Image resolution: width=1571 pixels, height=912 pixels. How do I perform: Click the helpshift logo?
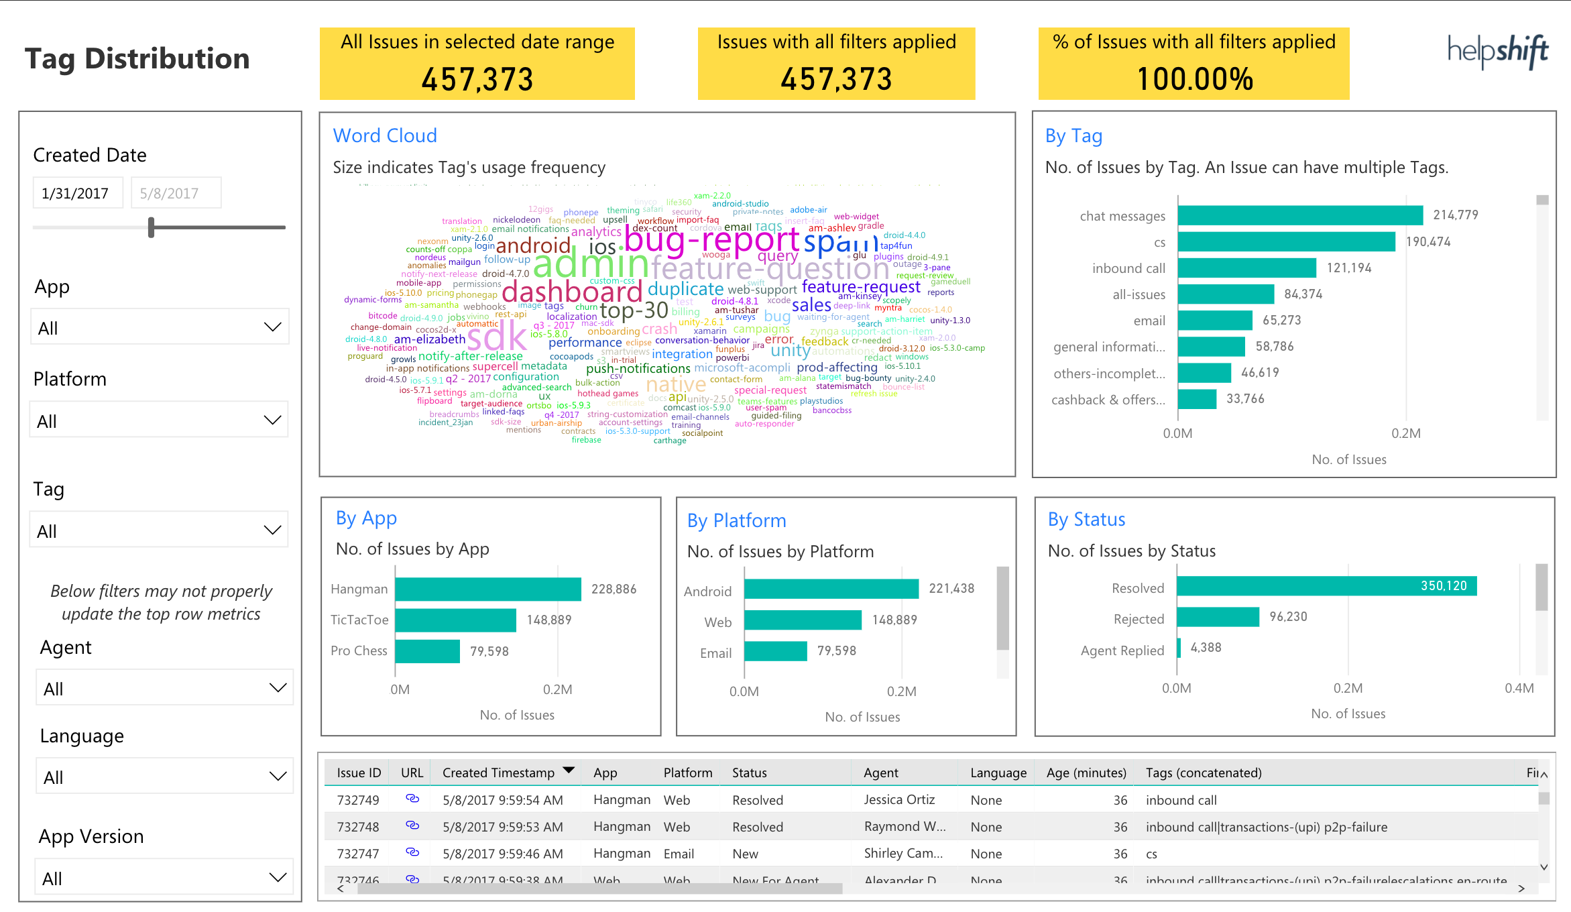click(1497, 51)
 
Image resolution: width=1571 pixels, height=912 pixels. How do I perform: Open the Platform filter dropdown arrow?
click(272, 420)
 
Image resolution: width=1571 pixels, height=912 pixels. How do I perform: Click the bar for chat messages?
click(1299, 215)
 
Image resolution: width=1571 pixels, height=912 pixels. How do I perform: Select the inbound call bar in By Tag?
click(1246, 268)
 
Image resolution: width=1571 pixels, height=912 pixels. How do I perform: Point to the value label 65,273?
click(1281, 321)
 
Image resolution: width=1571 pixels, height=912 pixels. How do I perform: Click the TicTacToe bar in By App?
click(455, 620)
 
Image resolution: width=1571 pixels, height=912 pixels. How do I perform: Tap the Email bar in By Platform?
click(775, 651)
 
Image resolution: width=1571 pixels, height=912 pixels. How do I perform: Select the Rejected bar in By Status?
click(1218, 617)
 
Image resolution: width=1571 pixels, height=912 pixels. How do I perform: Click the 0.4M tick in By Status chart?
click(1519, 688)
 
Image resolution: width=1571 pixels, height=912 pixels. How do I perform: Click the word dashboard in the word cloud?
click(572, 292)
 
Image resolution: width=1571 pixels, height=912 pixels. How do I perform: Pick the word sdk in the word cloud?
click(496, 336)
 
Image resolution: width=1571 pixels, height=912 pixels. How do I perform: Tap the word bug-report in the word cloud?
click(711, 240)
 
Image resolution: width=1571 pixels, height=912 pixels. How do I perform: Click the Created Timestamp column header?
click(498, 773)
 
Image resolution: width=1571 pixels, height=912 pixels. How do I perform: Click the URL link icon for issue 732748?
click(412, 825)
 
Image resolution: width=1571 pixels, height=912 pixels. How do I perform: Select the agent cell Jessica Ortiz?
click(898, 799)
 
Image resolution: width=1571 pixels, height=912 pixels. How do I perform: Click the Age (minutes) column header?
click(1086, 773)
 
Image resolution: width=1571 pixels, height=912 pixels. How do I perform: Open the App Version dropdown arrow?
click(278, 877)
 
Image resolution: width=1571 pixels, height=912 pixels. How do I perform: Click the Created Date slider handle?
click(152, 227)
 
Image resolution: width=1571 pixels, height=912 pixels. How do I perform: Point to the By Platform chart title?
click(736, 520)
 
